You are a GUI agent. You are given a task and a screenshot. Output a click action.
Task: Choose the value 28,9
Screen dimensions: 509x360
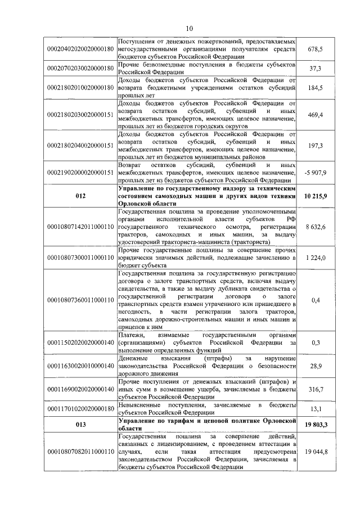[315, 366]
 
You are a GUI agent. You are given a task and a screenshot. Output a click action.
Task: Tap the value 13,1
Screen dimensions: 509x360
[315, 409]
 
